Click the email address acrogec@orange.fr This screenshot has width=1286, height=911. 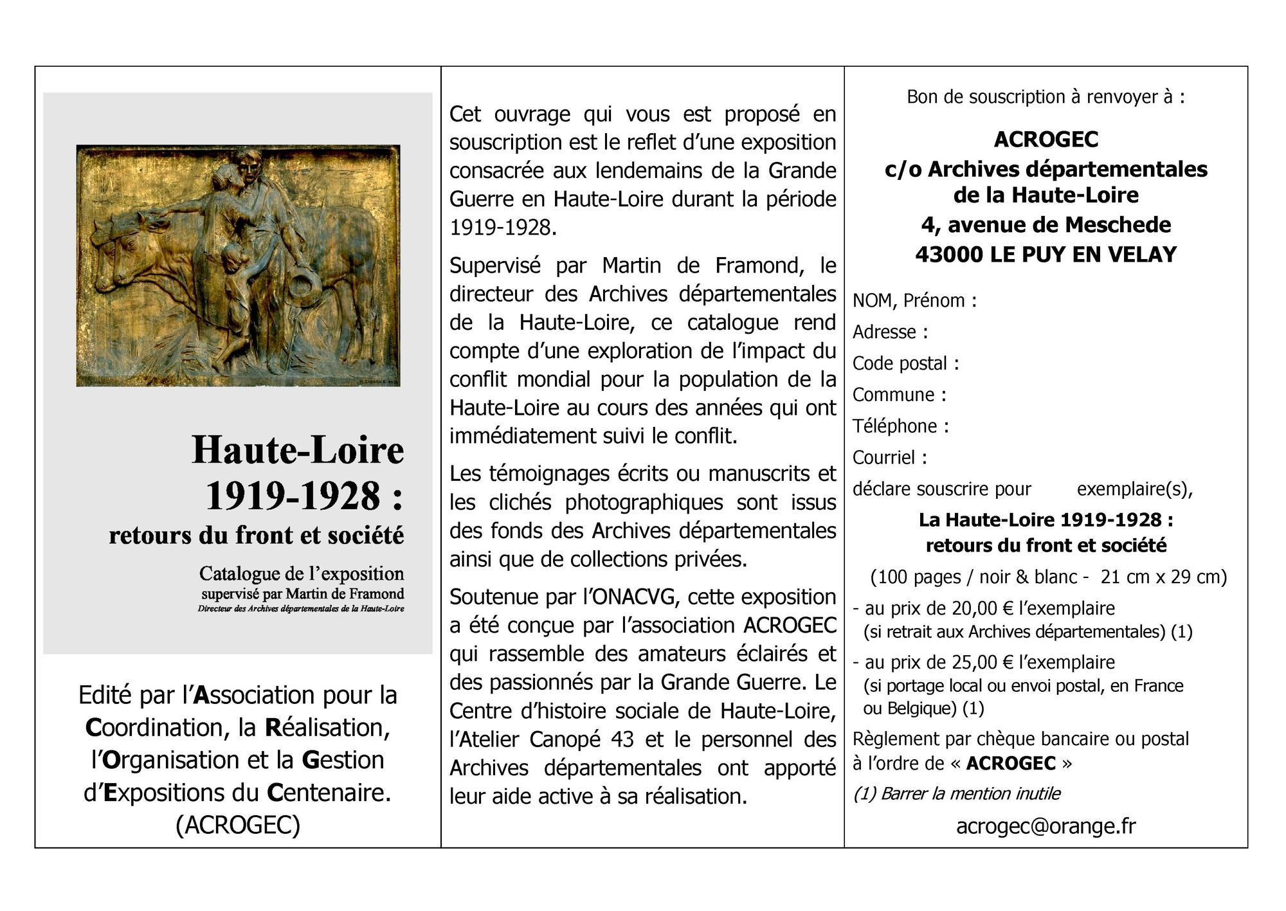pos(1046,825)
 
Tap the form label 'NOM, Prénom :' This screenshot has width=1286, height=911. pos(914,301)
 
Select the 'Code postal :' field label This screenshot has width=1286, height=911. pos(905,363)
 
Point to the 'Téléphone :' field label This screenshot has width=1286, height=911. pos(900,426)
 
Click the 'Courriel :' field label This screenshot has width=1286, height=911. pos(889,457)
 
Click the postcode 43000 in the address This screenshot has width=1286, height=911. pos(949,255)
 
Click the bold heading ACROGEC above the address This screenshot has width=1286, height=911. pos(1046,140)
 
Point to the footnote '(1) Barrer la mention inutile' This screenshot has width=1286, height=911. pos(956,794)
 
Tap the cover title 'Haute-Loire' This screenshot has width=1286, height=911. pos(298,449)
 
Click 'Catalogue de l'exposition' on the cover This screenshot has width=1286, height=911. pos(301,573)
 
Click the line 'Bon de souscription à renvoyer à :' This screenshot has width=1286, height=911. pos(1046,97)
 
